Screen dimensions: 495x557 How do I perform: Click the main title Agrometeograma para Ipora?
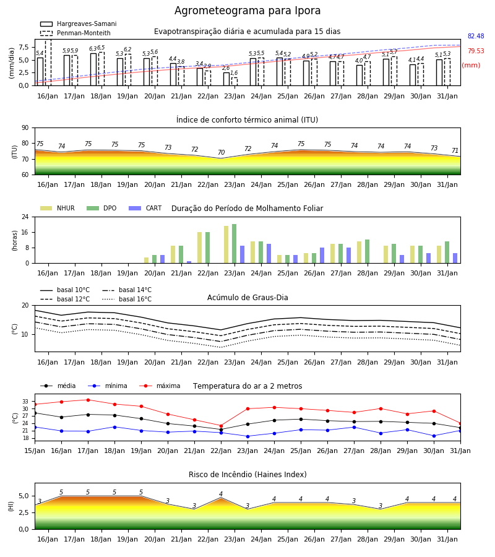pyautogui.click(x=247, y=11)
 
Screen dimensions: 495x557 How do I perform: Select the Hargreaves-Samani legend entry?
pyautogui.click(x=78, y=24)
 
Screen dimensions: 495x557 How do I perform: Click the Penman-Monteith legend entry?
pyautogui.click(x=75, y=33)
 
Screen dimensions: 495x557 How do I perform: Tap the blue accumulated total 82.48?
pyautogui.click(x=476, y=37)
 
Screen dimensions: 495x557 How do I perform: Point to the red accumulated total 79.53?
pyautogui.click(x=476, y=51)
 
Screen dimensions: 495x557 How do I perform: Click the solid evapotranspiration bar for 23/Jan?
pyautogui.click(x=226, y=79)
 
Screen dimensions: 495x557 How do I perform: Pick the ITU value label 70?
pyautogui.click(x=222, y=152)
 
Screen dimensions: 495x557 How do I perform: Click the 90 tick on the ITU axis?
pyautogui.click(x=25, y=128)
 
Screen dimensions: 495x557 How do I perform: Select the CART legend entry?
pyautogui.click(x=145, y=208)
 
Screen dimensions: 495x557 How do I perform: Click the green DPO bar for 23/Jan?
pyautogui.click(x=235, y=244)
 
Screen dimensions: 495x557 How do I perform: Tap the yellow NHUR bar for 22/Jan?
pyautogui.click(x=200, y=248)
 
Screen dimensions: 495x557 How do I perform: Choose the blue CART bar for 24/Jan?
pyautogui.click(x=269, y=254)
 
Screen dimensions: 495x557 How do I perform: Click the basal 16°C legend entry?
pyautogui.click(x=127, y=299)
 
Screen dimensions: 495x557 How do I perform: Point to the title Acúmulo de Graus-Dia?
pyautogui.click(x=247, y=298)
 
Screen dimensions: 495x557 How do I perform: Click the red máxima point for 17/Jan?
pyautogui.click(x=88, y=400)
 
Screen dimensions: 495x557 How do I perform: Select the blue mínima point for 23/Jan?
pyautogui.click(x=248, y=436)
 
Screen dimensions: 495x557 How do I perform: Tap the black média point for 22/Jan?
pyautogui.click(x=222, y=430)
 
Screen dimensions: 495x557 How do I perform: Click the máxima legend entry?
pyautogui.click(x=160, y=386)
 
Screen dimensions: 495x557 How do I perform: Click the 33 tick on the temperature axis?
pyautogui.click(x=25, y=402)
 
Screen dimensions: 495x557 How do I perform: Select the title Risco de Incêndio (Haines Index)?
pyautogui.click(x=247, y=475)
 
